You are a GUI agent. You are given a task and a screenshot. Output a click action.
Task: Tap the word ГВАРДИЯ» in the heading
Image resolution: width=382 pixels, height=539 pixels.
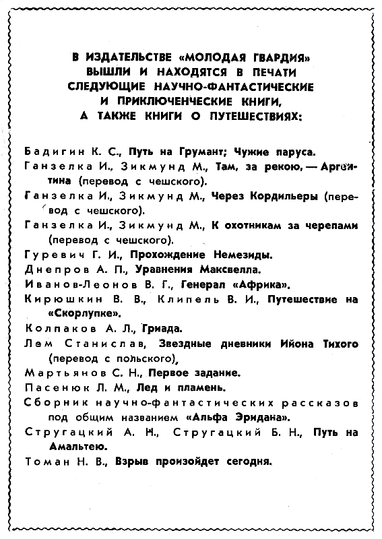point(265,58)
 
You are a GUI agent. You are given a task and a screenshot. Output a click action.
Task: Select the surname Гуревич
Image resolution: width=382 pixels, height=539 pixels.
point(46,255)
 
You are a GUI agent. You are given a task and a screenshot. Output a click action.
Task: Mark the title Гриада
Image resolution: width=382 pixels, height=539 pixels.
point(162,328)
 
